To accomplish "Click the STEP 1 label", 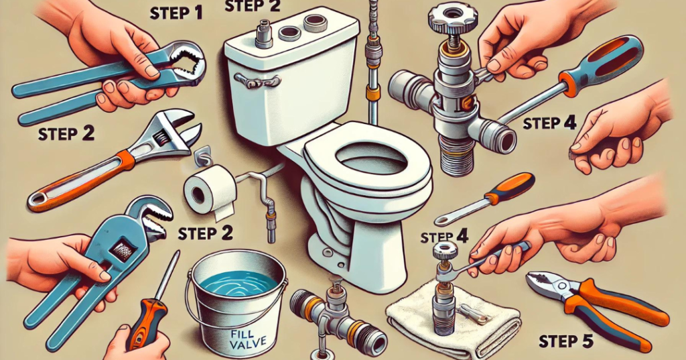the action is [x=176, y=13].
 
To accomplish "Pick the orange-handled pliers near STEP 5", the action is [x=596, y=306].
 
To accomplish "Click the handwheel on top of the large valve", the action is [x=451, y=15].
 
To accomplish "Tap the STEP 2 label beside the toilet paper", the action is [x=206, y=233].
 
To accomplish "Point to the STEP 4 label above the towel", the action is [x=445, y=237].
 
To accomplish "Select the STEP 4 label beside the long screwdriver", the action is [x=550, y=123].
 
